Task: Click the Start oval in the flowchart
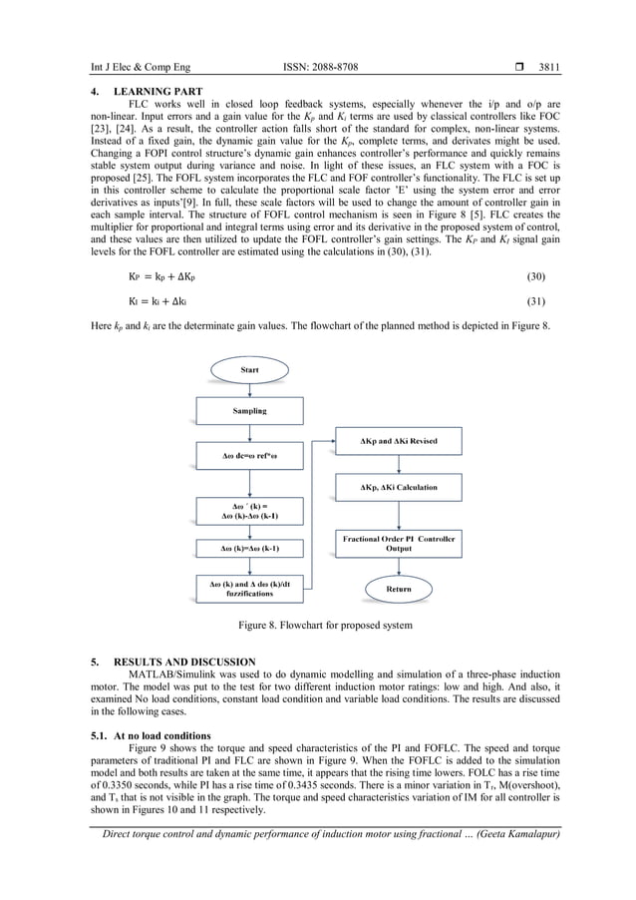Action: pos(249,370)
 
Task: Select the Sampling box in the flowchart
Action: pos(249,410)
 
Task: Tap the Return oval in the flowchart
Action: pos(398,590)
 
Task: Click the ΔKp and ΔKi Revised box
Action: pos(398,441)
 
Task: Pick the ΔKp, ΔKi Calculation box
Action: pos(398,488)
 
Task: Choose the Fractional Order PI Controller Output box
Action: pos(398,543)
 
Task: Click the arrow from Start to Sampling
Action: pos(249,390)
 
